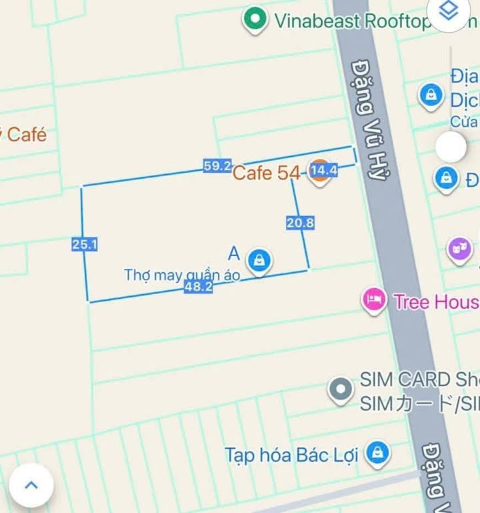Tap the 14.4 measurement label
(324, 171)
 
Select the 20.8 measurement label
(300, 223)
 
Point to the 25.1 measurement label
(85, 245)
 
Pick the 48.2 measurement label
(198, 288)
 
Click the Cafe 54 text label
(265, 173)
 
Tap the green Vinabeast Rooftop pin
(254, 19)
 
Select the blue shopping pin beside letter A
(257, 260)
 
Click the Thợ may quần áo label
(182, 275)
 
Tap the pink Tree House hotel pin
(374, 300)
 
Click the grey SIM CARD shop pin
(341, 390)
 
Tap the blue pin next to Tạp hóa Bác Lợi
(378, 454)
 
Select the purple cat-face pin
(459, 250)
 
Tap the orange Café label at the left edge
(25, 134)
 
